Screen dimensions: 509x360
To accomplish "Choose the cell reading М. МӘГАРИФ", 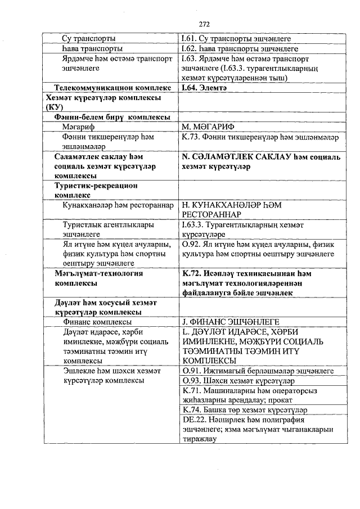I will pyautogui.click(x=208, y=127).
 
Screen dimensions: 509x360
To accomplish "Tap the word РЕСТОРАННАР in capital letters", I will pyautogui.click(x=210, y=215).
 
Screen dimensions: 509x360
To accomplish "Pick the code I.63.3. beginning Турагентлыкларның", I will pyautogui.click(x=193, y=225).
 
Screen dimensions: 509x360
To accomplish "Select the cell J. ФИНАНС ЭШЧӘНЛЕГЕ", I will pyautogui.click(x=231, y=322).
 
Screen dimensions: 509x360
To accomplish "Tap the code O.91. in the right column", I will pyautogui.click(x=191, y=371).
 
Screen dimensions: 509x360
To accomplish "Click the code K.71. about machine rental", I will pyautogui.click(x=192, y=391).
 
